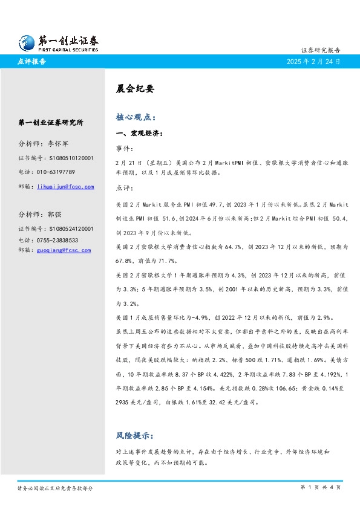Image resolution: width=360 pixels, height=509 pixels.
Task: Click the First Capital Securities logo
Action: (x=58, y=42)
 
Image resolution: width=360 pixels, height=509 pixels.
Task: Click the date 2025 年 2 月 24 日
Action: (x=313, y=62)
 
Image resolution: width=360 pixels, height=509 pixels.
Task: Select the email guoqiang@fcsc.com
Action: (x=64, y=250)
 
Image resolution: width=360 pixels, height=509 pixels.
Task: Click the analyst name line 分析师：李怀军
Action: (x=45, y=144)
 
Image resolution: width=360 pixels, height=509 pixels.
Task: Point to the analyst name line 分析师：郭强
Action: (x=41, y=214)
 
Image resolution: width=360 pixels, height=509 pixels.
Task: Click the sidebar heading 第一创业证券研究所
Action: (x=51, y=122)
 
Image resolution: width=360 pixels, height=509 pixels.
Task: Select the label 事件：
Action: (x=125, y=148)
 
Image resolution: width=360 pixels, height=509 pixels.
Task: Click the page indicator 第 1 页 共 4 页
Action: (x=320, y=487)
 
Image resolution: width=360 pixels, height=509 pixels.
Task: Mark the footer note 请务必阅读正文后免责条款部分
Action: (x=55, y=488)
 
